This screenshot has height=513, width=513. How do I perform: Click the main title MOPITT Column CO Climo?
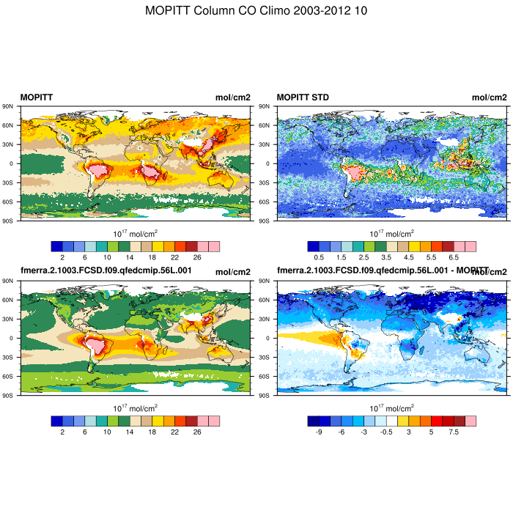[x=256, y=11]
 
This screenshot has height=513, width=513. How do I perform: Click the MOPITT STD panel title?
[x=303, y=97]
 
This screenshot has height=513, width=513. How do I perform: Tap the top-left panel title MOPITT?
[x=36, y=97]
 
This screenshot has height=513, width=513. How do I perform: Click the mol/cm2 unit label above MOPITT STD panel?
[x=489, y=97]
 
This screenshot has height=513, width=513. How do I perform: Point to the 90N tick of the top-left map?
[x=10, y=106]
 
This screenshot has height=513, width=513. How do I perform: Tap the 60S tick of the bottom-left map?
[x=10, y=376]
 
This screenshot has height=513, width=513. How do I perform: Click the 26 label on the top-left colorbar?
[x=197, y=258]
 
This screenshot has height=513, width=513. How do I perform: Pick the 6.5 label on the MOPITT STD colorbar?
[x=454, y=258]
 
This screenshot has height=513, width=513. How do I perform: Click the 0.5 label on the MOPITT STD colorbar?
[x=319, y=258]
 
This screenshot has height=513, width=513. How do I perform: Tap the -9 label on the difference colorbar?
[x=319, y=432]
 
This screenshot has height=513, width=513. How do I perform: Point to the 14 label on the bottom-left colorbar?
[x=130, y=432]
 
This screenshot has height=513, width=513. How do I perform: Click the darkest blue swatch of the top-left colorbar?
[x=56, y=246]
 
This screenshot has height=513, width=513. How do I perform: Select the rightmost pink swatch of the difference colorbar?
[x=470, y=421]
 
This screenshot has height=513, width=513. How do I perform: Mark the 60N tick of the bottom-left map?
[x=10, y=300]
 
